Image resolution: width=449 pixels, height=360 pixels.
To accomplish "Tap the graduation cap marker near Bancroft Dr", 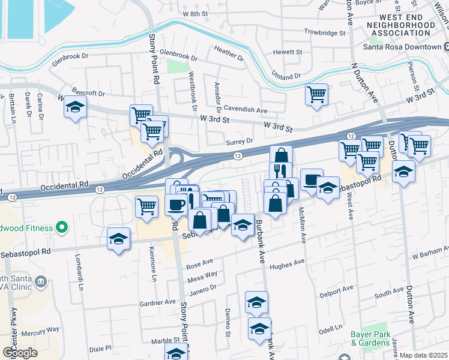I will [75, 107].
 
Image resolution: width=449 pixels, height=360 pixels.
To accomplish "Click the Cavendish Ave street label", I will [245, 110].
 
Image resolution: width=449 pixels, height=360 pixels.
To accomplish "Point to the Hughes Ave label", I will [288, 264].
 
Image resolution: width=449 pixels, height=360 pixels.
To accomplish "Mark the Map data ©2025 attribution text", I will [423, 355].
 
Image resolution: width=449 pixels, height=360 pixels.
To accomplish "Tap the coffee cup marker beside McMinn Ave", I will [311, 179].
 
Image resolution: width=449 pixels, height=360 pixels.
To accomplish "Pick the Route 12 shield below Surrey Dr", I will [238, 156].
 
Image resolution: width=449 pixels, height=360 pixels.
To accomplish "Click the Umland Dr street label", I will [286, 77].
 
